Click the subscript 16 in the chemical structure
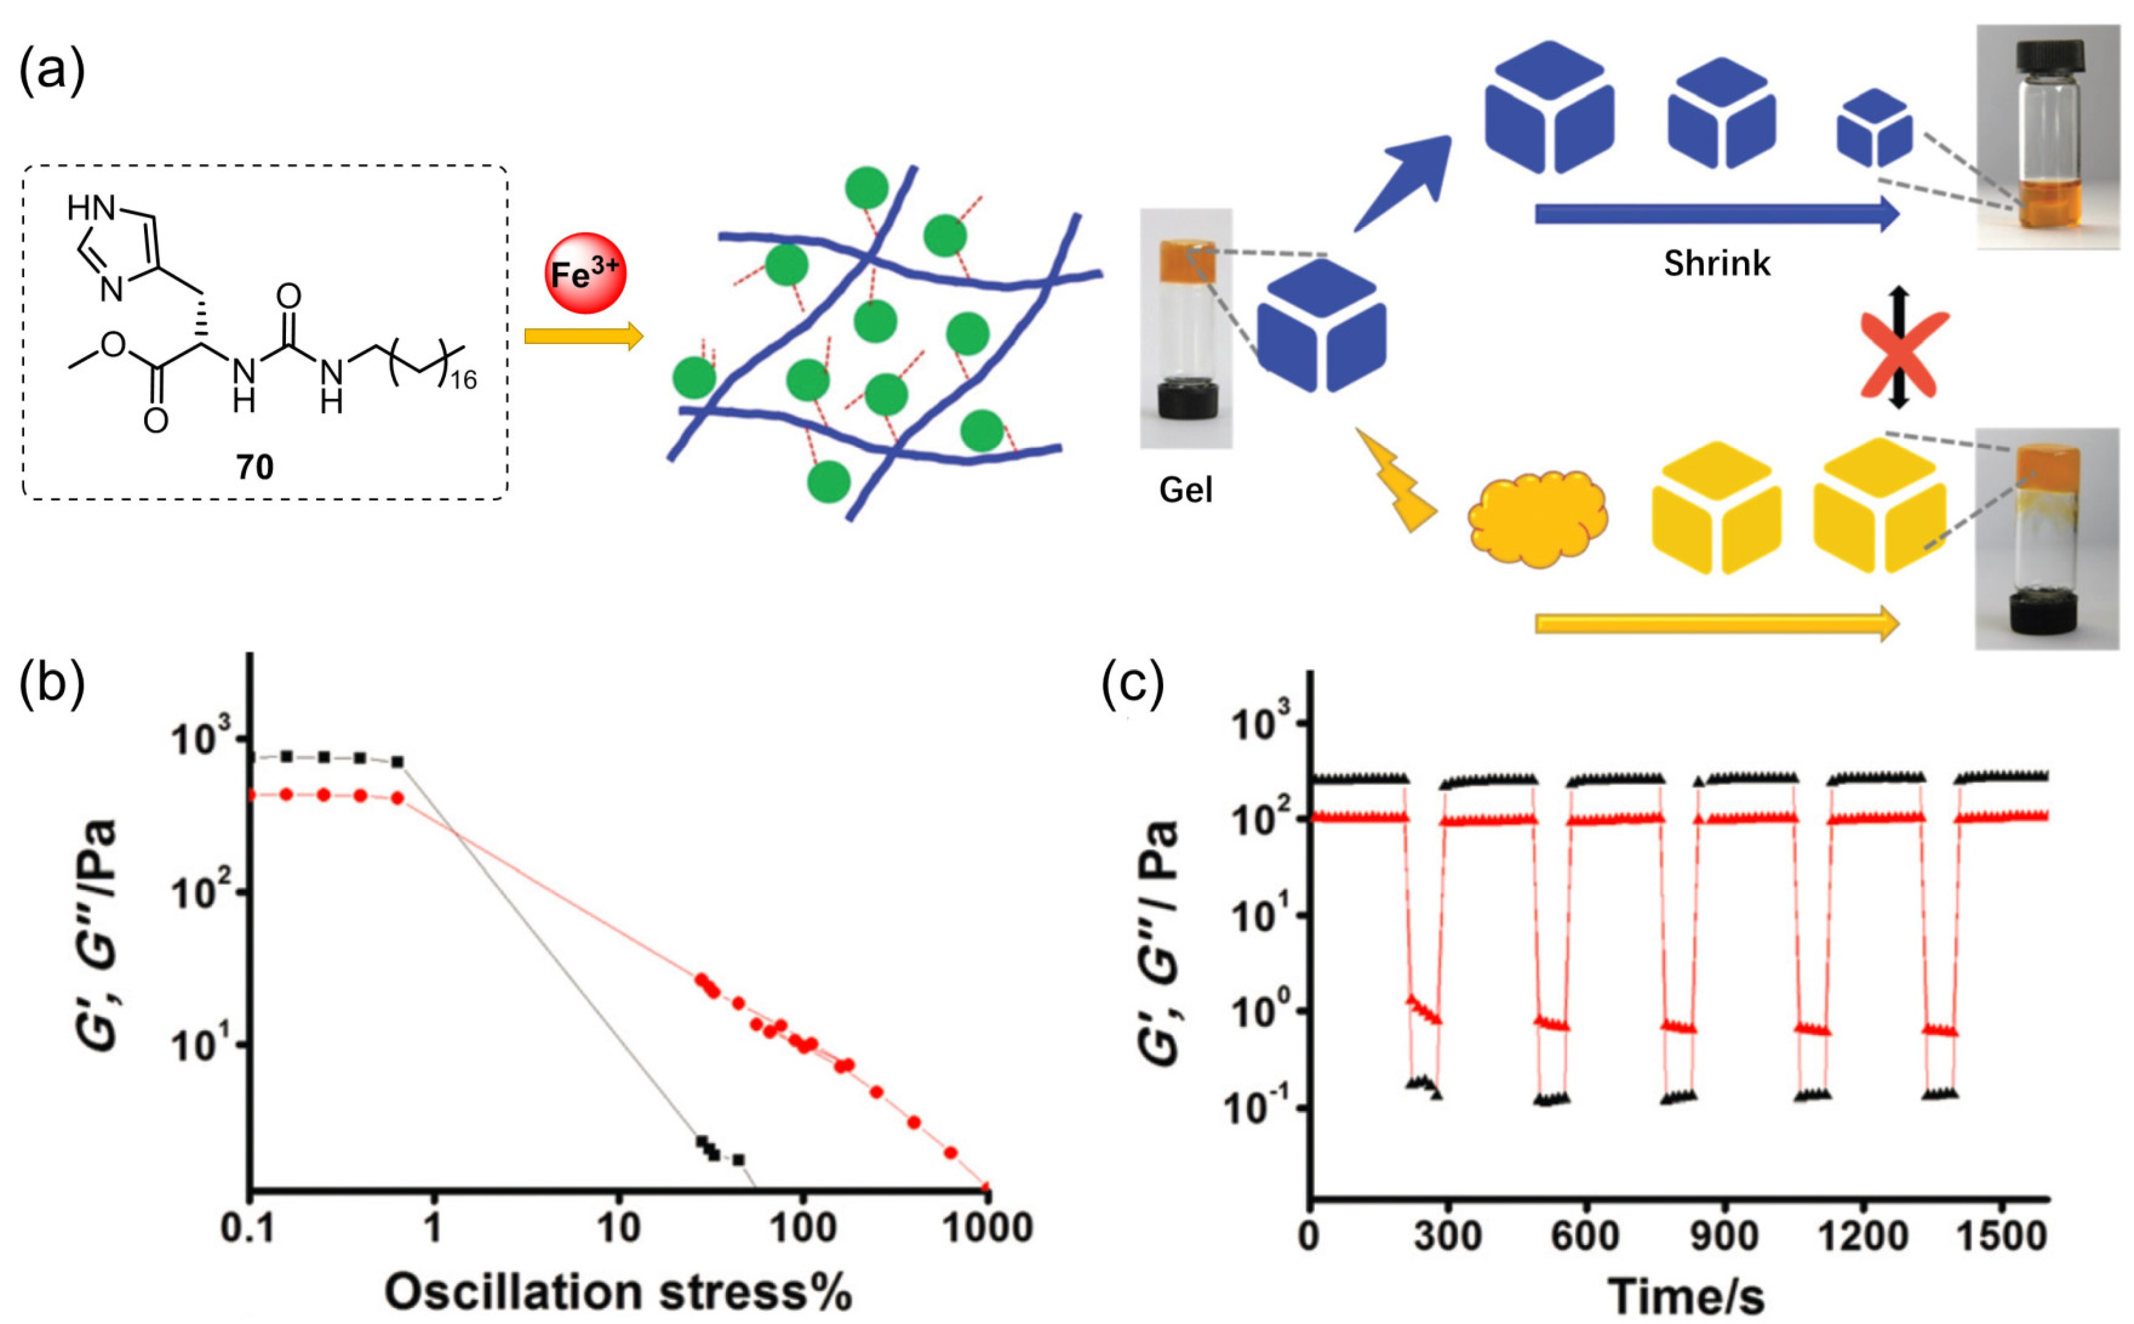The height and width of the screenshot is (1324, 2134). (x=464, y=379)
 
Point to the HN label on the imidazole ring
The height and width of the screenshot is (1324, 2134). (x=91, y=208)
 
